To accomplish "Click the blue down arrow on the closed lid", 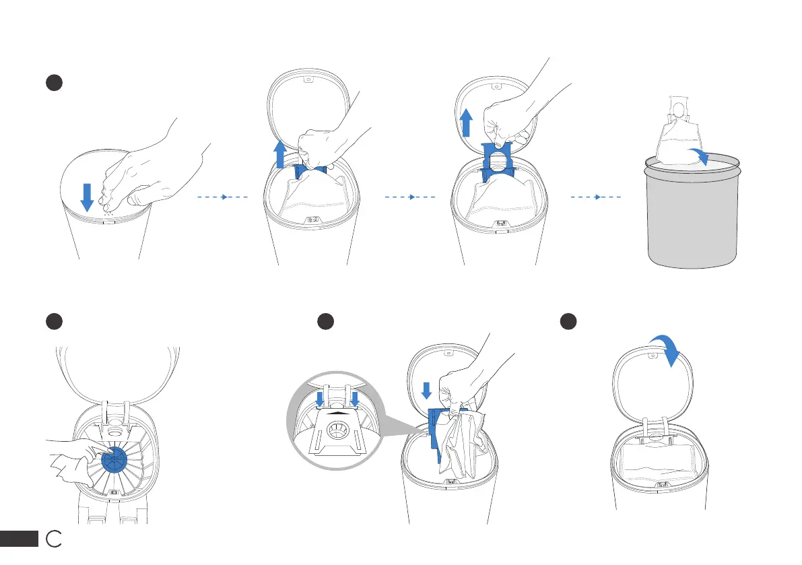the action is (x=87, y=196).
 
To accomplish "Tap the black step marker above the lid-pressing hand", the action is (x=54, y=83).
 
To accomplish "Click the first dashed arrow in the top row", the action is (x=223, y=197).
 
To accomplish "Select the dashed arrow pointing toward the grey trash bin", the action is (x=596, y=197).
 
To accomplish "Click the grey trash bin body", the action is (x=693, y=222).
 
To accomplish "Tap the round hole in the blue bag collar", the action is (x=498, y=164).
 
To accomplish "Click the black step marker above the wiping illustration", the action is (x=54, y=321).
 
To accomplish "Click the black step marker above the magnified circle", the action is (x=326, y=321).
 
